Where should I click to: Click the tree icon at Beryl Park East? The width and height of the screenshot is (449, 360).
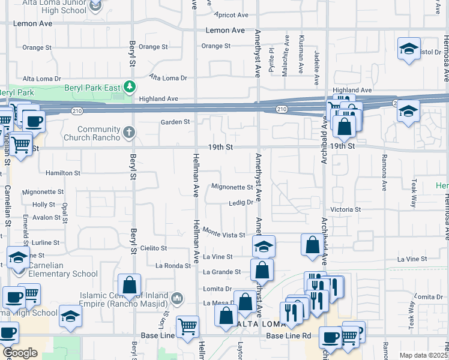click(129, 88)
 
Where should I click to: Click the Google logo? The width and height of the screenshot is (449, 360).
click(20, 353)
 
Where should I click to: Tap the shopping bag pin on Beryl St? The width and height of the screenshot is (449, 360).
click(129, 286)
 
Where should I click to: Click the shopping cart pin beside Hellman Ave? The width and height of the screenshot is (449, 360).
click(188, 326)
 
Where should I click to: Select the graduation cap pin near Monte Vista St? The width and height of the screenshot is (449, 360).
click(264, 247)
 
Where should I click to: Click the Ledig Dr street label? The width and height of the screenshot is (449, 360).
click(241, 203)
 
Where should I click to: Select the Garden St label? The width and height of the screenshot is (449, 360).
click(175, 122)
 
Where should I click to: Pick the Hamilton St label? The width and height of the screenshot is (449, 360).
click(63, 173)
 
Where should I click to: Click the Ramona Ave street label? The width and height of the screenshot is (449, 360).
click(383, 173)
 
